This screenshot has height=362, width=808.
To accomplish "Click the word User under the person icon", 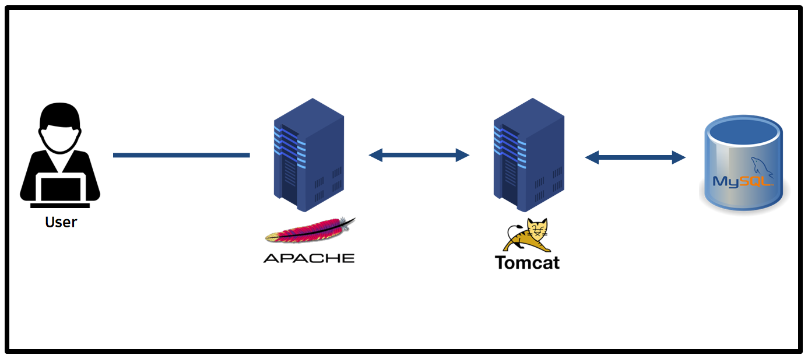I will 61,222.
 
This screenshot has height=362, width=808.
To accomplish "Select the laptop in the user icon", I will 60,188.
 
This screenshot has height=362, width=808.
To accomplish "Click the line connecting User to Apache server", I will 181,155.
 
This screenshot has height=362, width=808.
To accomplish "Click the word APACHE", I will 309,258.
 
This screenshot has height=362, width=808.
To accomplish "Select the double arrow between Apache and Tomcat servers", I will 419,154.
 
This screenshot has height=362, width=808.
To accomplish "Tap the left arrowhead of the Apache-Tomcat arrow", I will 376,154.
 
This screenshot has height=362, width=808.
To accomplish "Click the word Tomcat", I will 527,262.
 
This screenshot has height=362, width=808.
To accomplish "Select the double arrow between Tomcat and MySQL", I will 635,157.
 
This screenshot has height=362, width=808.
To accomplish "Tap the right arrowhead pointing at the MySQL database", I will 679,157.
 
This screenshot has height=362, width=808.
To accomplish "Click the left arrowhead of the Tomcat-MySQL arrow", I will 592,157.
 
